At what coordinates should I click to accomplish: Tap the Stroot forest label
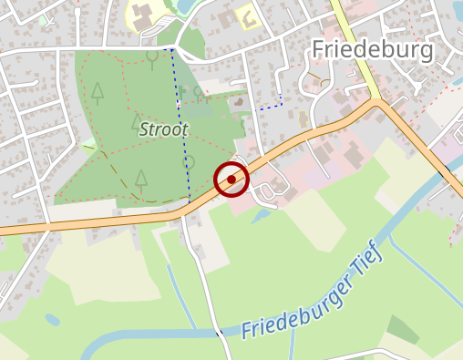coord(163,129)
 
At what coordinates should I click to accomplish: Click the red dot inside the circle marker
coord(232,180)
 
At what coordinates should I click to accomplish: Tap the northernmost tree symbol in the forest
coord(152,58)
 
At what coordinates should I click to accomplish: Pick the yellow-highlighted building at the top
coord(246,15)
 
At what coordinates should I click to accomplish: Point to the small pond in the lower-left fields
coord(52,320)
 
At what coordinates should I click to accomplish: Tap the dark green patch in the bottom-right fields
coord(402,329)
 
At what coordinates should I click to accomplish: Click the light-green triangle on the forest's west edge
coord(89,145)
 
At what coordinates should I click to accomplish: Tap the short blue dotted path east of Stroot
coord(270,108)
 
